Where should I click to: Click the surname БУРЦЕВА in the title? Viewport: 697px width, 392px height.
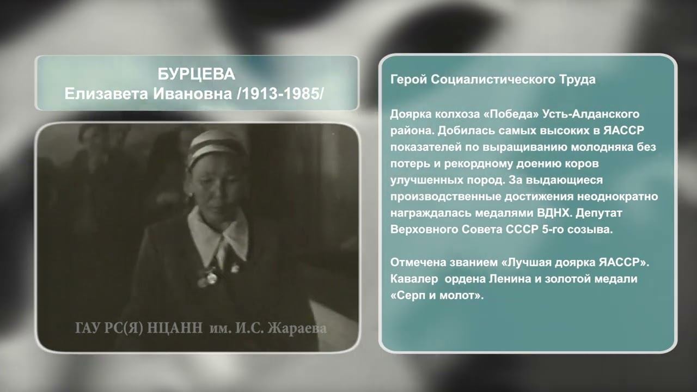[196, 74]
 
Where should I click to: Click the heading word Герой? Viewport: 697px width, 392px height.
[408, 79]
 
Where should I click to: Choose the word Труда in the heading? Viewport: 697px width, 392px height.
[576, 79]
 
